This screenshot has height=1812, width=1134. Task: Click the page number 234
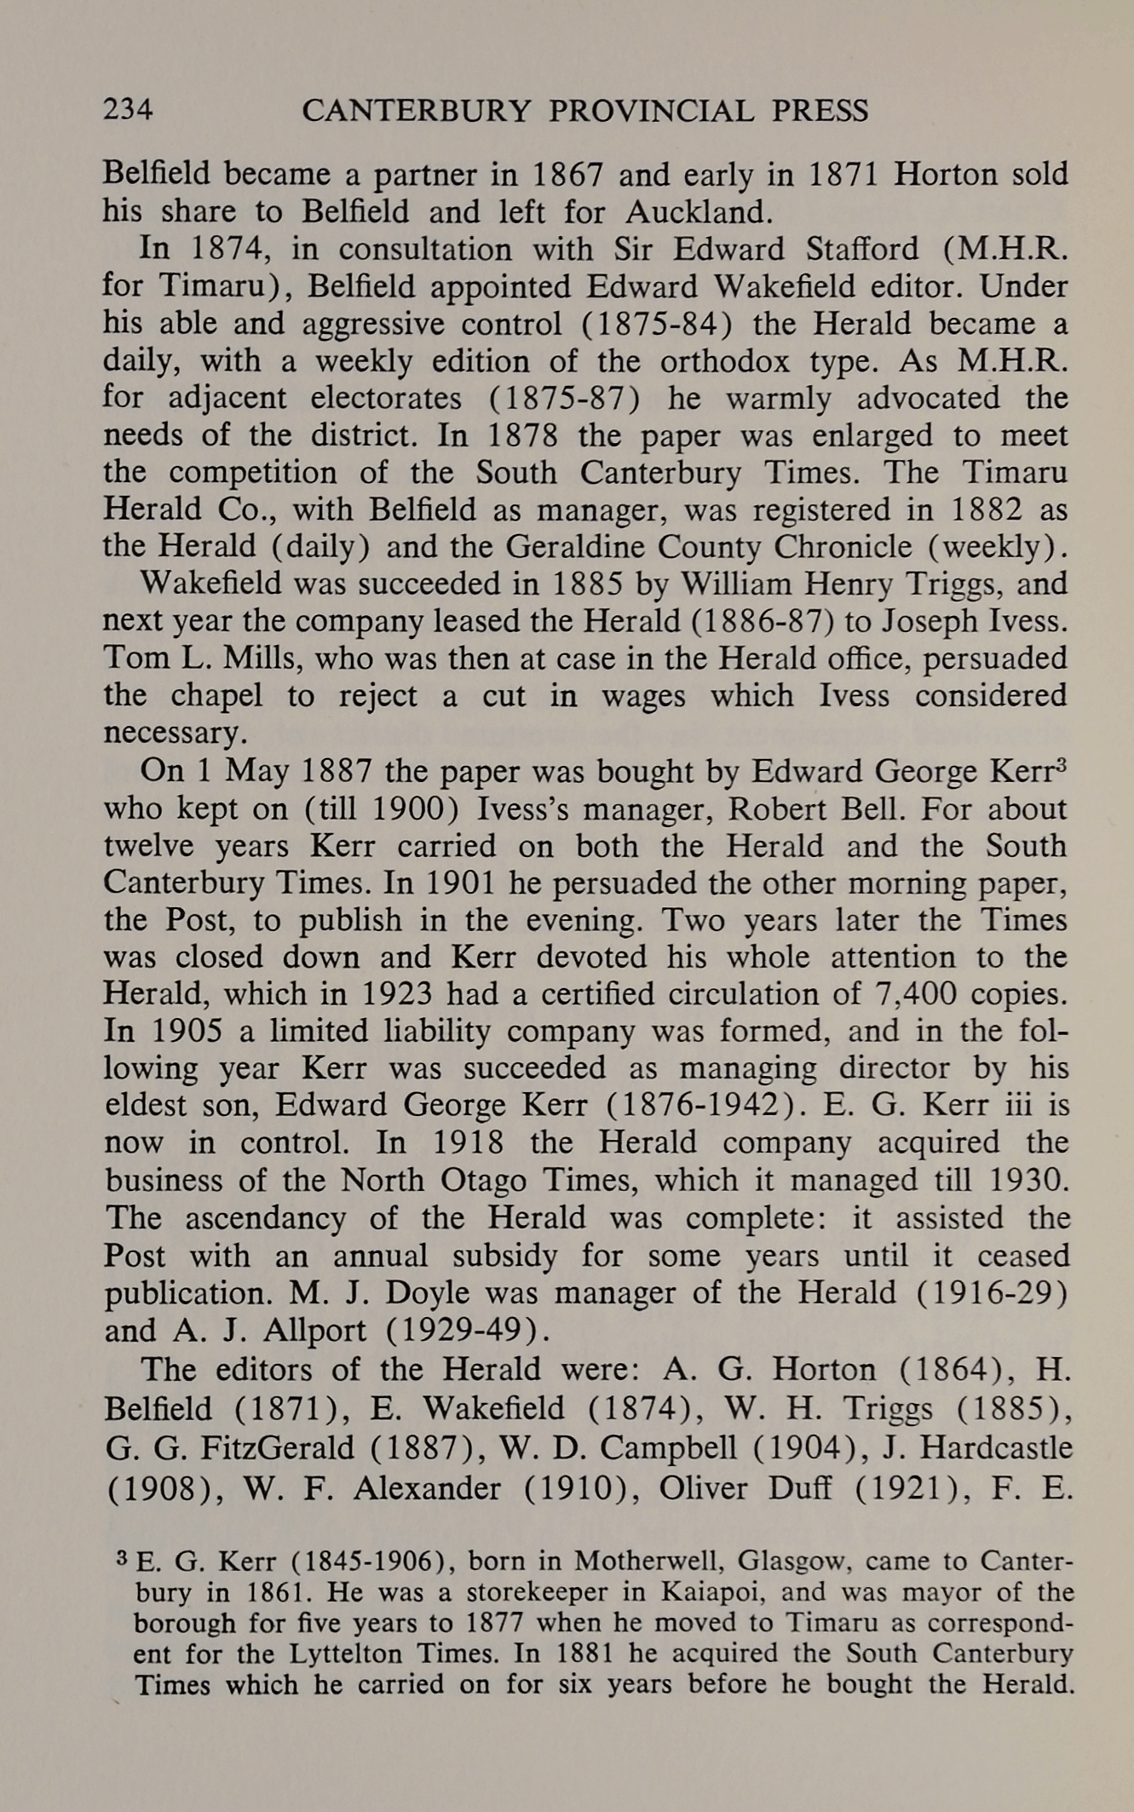tap(128, 110)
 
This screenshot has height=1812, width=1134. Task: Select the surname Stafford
tap(854, 249)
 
